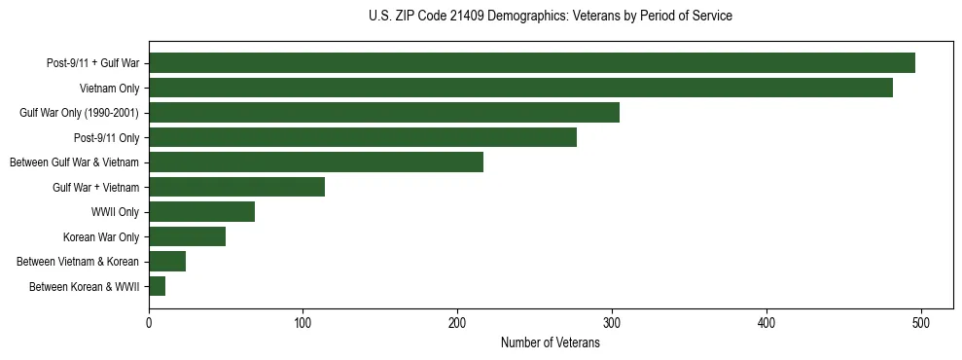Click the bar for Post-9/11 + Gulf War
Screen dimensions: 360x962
(x=532, y=63)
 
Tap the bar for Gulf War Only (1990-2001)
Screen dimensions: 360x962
(x=384, y=113)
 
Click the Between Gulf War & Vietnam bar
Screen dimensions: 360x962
(x=316, y=162)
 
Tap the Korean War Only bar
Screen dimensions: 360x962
(x=187, y=236)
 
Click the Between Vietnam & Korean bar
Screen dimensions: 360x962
(x=167, y=261)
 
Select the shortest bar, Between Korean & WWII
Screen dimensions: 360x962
(x=157, y=286)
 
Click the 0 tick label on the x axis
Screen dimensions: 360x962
(x=149, y=323)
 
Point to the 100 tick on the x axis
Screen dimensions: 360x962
(x=303, y=323)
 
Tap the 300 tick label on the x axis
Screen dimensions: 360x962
(x=612, y=323)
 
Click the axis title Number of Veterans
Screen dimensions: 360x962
(x=550, y=342)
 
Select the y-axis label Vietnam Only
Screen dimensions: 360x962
(x=109, y=89)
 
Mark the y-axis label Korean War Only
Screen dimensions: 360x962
(x=101, y=236)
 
